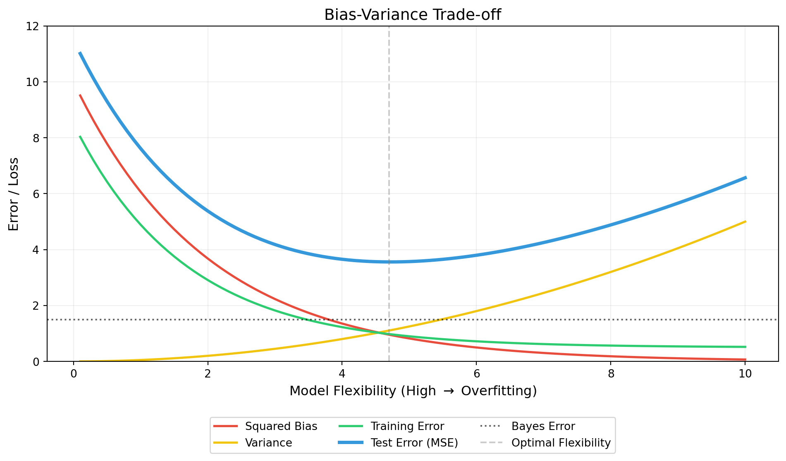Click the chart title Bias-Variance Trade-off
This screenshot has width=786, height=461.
[x=412, y=15]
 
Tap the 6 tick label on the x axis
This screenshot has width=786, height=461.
[x=476, y=373]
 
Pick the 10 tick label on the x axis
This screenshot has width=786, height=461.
[x=745, y=373]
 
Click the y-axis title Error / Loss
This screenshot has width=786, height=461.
[x=14, y=194]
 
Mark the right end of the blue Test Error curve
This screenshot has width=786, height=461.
[x=745, y=178]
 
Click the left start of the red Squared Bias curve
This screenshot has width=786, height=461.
[x=80, y=95]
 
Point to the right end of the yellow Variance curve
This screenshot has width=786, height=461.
[x=745, y=222]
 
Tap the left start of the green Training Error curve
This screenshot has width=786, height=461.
[x=80, y=136]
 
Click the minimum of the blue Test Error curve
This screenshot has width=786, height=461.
[x=389, y=262]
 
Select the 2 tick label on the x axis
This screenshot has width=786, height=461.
[x=208, y=373]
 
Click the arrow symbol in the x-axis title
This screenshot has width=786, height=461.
[x=449, y=391]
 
